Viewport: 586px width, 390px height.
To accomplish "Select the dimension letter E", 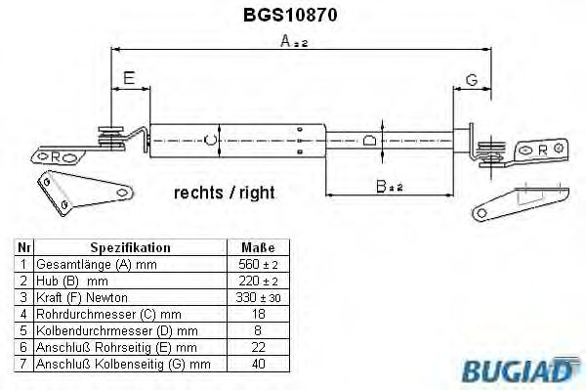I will point(130,79).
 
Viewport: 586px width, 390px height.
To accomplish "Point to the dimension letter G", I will point(471,79).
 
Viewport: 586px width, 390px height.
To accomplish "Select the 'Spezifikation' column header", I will point(130,248).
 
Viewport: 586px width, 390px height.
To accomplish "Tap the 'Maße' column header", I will point(257,248).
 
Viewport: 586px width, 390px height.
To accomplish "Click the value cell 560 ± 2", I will point(257,265).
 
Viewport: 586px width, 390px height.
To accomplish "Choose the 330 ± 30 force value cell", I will point(257,297).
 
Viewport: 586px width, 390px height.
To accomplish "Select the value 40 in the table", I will point(257,364).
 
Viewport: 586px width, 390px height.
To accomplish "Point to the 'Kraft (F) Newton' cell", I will point(82,297).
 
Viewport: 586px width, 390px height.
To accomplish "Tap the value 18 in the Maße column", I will point(257,314).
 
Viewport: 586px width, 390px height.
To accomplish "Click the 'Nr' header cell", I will point(23,248).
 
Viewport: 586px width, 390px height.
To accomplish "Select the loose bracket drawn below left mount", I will point(82,193).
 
